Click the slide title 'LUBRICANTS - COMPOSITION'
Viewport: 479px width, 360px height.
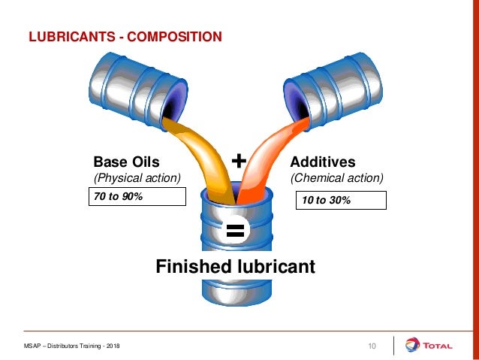[x=125, y=36]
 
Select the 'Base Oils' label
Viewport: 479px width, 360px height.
[x=126, y=162]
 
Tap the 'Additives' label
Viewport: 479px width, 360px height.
[x=322, y=162]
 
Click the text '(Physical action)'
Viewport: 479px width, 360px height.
[x=137, y=178]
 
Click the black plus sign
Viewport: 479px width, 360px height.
[x=238, y=160]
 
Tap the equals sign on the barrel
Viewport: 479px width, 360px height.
[x=235, y=231]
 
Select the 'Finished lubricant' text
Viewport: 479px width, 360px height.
[x=234, y=267]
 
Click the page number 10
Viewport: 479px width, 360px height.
[x=371, y=345]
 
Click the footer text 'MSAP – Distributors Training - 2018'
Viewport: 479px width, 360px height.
[x=71, y=346]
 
